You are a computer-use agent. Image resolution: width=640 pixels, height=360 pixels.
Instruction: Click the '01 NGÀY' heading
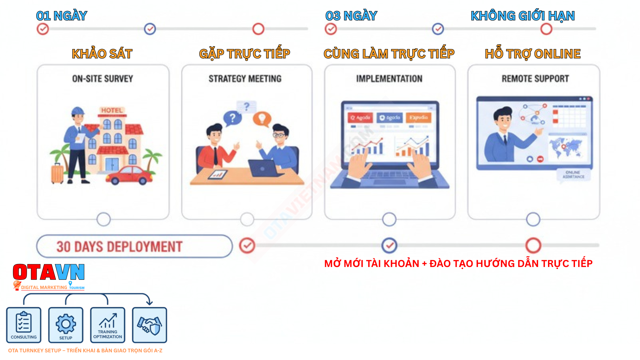[x=62, y=16]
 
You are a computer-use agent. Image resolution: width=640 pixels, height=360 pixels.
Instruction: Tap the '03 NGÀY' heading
[x=351, y=16]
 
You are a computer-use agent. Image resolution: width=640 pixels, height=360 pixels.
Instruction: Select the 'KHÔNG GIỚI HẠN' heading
[x=522, y=16]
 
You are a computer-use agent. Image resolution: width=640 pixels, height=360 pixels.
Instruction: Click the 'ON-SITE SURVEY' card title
[x=103, y=79]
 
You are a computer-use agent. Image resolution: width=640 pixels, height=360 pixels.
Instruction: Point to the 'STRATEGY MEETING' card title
[x=245, y=79]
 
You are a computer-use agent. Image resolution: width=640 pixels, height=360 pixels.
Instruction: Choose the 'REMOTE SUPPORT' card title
[x=535, y=79]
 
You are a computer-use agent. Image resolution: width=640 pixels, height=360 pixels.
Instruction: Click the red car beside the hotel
[x=129, y=175]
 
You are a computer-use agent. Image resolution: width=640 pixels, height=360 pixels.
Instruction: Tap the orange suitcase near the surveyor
[x=57, y=173]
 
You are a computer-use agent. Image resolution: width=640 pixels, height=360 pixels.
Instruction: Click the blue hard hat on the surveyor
[x=78, y=111]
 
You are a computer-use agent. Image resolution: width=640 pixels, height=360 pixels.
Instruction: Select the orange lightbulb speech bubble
[x=262, y=119]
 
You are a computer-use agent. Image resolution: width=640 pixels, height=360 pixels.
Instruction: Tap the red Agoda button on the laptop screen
[x=360, y=118]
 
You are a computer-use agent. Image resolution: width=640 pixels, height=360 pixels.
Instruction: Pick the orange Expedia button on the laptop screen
[x=418, y=118]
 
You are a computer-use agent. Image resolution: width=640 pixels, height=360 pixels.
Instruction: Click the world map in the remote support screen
[x=565, y=147]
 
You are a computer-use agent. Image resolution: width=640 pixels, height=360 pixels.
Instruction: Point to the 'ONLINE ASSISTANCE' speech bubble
[x=573, y=175]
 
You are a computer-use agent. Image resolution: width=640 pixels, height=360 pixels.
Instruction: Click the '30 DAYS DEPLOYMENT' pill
[x=134, y=246]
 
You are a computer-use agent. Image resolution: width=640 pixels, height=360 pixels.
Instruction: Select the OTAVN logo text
[x=49, y=272]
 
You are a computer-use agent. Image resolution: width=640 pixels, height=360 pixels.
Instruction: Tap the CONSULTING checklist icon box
[x=24, y=325]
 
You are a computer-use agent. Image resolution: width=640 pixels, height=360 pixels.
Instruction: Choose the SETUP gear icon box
[x=66, y=325]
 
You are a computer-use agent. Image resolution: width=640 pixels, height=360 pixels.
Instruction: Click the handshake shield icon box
[x=149, y=325]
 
